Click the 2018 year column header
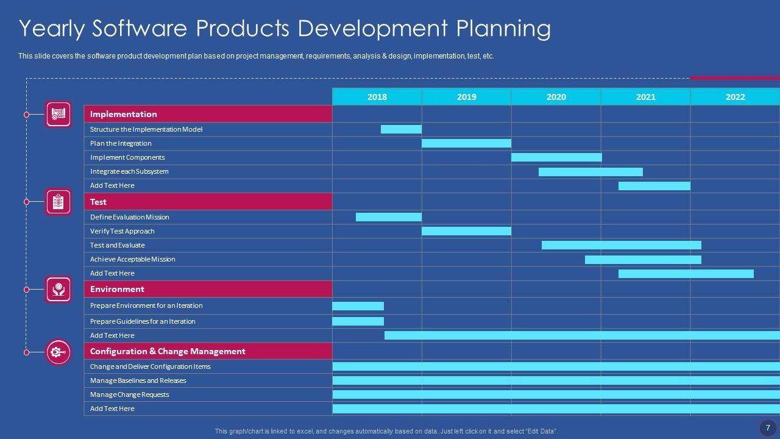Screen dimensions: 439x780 click(377, 97)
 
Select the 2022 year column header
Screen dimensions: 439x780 click(735, 97)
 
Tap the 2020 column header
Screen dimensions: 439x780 click(556, 97)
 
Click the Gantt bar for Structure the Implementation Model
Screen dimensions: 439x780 click(401, 129)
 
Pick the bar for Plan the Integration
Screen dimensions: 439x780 click(466, 143)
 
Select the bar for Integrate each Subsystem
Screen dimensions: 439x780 click(590, 172)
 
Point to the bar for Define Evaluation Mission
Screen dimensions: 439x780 click(389, 217)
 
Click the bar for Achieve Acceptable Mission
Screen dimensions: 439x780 click(643, 260)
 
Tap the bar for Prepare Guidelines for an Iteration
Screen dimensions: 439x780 click(358, 321)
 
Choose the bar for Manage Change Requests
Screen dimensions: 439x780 click(556, 394)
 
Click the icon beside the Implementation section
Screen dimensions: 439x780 click(58, 114)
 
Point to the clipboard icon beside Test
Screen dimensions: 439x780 click(58, 202)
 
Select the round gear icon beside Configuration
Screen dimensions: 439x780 click(58, 352)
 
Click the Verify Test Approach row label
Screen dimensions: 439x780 click(122, 231)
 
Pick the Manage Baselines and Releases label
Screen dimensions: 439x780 click(138, 380)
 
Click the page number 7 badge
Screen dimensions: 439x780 click(768, 427)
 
